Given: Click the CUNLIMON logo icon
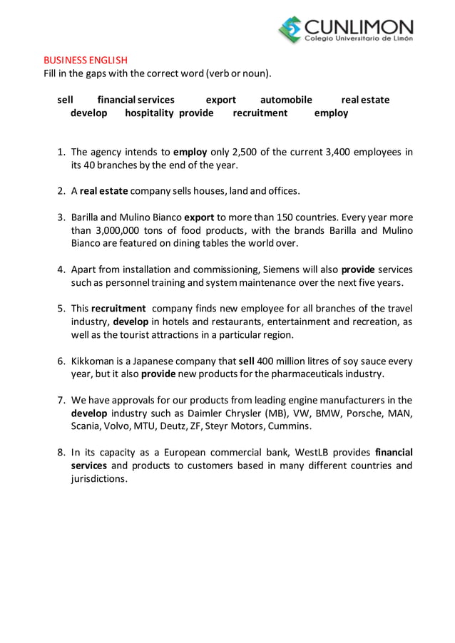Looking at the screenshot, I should (290, 29).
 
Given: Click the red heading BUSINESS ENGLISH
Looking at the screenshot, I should (86, 60).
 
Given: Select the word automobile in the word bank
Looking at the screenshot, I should (286, 100).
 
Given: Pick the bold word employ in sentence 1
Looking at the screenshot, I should (190, 153).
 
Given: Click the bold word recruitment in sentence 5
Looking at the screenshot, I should (118, 309).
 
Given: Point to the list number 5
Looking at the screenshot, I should (61, 309).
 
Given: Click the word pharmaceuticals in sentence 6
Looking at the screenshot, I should (312, 374).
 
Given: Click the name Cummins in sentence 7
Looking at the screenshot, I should (292, 426).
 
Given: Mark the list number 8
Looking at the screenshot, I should (61, 452).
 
